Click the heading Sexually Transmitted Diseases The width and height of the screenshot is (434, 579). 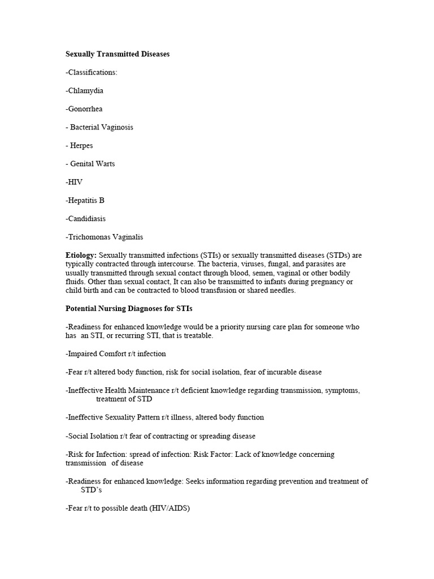[118, 54]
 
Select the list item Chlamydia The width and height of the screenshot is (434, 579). [85, 90]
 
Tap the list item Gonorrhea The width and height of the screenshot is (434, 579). [84, 109]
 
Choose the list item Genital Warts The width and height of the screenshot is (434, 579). [92, 163]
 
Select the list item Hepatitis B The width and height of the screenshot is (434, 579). [85, 200]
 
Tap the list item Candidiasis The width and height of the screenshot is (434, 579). [86, 218]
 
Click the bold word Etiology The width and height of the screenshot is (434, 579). [81, 256]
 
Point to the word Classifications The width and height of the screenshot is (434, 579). [93, 72]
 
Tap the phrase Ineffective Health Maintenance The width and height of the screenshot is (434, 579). [113, 390]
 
